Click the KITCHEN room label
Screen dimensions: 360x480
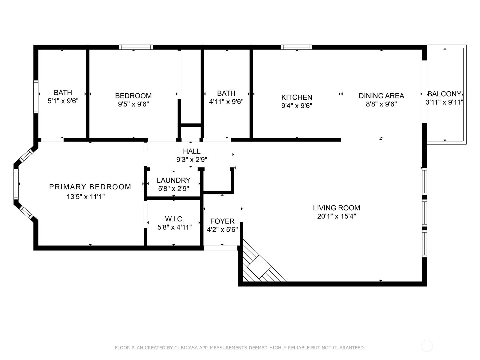coord(297,97)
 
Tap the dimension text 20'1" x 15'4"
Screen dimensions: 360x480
coord(336,216)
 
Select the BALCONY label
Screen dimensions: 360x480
coord(444,94)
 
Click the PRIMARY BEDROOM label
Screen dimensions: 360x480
coord(90,187)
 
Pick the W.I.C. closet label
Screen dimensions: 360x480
coord(174,219)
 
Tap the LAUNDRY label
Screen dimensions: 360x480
coord(173,180)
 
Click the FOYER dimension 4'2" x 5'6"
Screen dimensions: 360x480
coord(222,230)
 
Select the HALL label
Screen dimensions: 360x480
coord(192,151)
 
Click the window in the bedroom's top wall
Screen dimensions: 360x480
coord(136,47)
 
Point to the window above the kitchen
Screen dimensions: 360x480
coord(296,47)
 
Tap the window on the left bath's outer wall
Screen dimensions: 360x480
coord(36,97)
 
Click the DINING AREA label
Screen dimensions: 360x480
coord(381,96)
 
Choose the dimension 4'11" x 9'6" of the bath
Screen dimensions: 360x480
coord(226,102)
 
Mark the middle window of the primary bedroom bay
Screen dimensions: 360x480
coord(16,184)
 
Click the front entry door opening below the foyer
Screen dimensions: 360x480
coord(220,248)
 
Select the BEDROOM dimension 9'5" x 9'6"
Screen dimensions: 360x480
coord(133,104)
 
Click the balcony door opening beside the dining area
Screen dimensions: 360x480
coord(424,91)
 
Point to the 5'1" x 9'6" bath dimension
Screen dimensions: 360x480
coord(63,101)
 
